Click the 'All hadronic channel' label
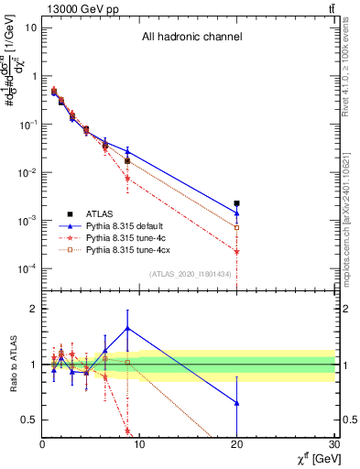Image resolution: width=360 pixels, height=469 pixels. pos(191,38)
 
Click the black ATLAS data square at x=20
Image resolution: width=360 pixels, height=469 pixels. pos(236,203)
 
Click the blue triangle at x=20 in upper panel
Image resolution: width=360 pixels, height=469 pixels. pos(236,213)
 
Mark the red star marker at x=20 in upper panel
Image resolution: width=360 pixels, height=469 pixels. pos(236,251)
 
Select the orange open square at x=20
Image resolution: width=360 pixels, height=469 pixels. pos(236,227)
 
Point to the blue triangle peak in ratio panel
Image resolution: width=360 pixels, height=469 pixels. pos(127,328)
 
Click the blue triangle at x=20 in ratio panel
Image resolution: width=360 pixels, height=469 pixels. pos(236,403)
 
